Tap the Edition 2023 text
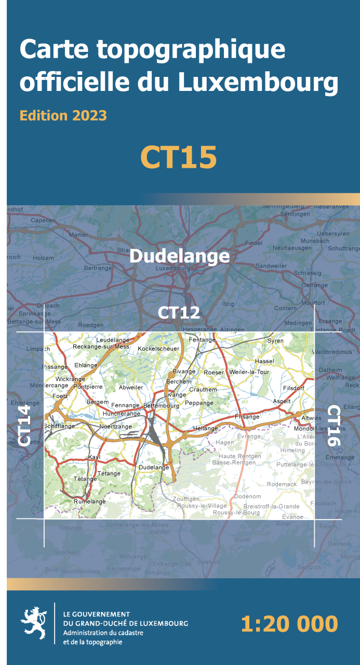point(63,115)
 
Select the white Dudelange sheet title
point(179,256)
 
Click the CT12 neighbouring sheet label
point(179,312)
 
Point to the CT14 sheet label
point(24,426)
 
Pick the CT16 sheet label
point(334,426)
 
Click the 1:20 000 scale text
point(289,623)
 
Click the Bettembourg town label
point(161,405)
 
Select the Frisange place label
point(247,417)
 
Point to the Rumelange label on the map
point(89,501)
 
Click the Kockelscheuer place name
point(158,348)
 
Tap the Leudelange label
point(113,340)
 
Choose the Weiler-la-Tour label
point(249,372)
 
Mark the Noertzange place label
point(115,426)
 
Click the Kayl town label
point(94,457)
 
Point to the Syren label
point(275,341)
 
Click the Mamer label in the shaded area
point(78,235)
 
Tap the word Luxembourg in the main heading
point(258,82)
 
